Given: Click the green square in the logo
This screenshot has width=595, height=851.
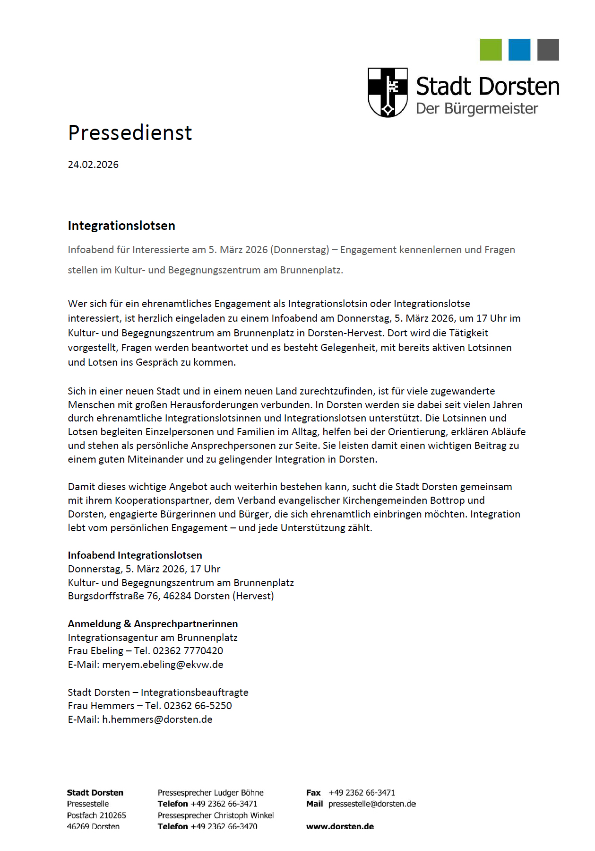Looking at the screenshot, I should click(x=491, y=50).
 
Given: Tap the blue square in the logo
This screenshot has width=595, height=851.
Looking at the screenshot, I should click(x=519, y=50).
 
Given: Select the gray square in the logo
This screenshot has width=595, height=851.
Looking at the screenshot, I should click(x=548, y=50).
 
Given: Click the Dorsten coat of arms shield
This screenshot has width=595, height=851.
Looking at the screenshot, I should click(x=388, y=92).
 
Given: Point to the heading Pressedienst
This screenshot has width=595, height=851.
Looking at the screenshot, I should click(x=130, y=133).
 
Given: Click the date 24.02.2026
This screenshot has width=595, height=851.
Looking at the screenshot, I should click(x=93, y=165).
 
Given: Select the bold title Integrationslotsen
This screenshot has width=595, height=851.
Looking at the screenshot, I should click(x=121, y=226).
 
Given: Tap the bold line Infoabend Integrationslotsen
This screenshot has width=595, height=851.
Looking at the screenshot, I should click(x=135, y=555).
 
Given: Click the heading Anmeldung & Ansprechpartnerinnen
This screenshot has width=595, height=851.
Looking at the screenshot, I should click(x=153, y=624).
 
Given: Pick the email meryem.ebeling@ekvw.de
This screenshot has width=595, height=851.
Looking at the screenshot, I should click(x=163, y=665).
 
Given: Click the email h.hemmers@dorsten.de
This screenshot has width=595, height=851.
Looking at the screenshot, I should click(x=157, y=719).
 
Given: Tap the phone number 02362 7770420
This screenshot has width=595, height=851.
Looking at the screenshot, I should click(x=188, y=651).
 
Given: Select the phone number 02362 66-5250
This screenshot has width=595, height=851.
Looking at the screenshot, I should click(x=198, y=706).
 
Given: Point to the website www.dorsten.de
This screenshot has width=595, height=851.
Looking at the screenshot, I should click(x=340, y=827).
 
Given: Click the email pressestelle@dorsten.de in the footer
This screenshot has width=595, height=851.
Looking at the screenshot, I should click(x=372, y=804).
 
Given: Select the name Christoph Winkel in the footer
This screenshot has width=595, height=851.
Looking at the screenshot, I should click(x=245, y=816).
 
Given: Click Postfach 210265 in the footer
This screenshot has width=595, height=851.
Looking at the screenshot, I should click(x=96, y=816).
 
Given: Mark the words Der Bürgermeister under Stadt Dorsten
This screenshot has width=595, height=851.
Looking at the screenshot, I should click(x=477, y=109).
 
